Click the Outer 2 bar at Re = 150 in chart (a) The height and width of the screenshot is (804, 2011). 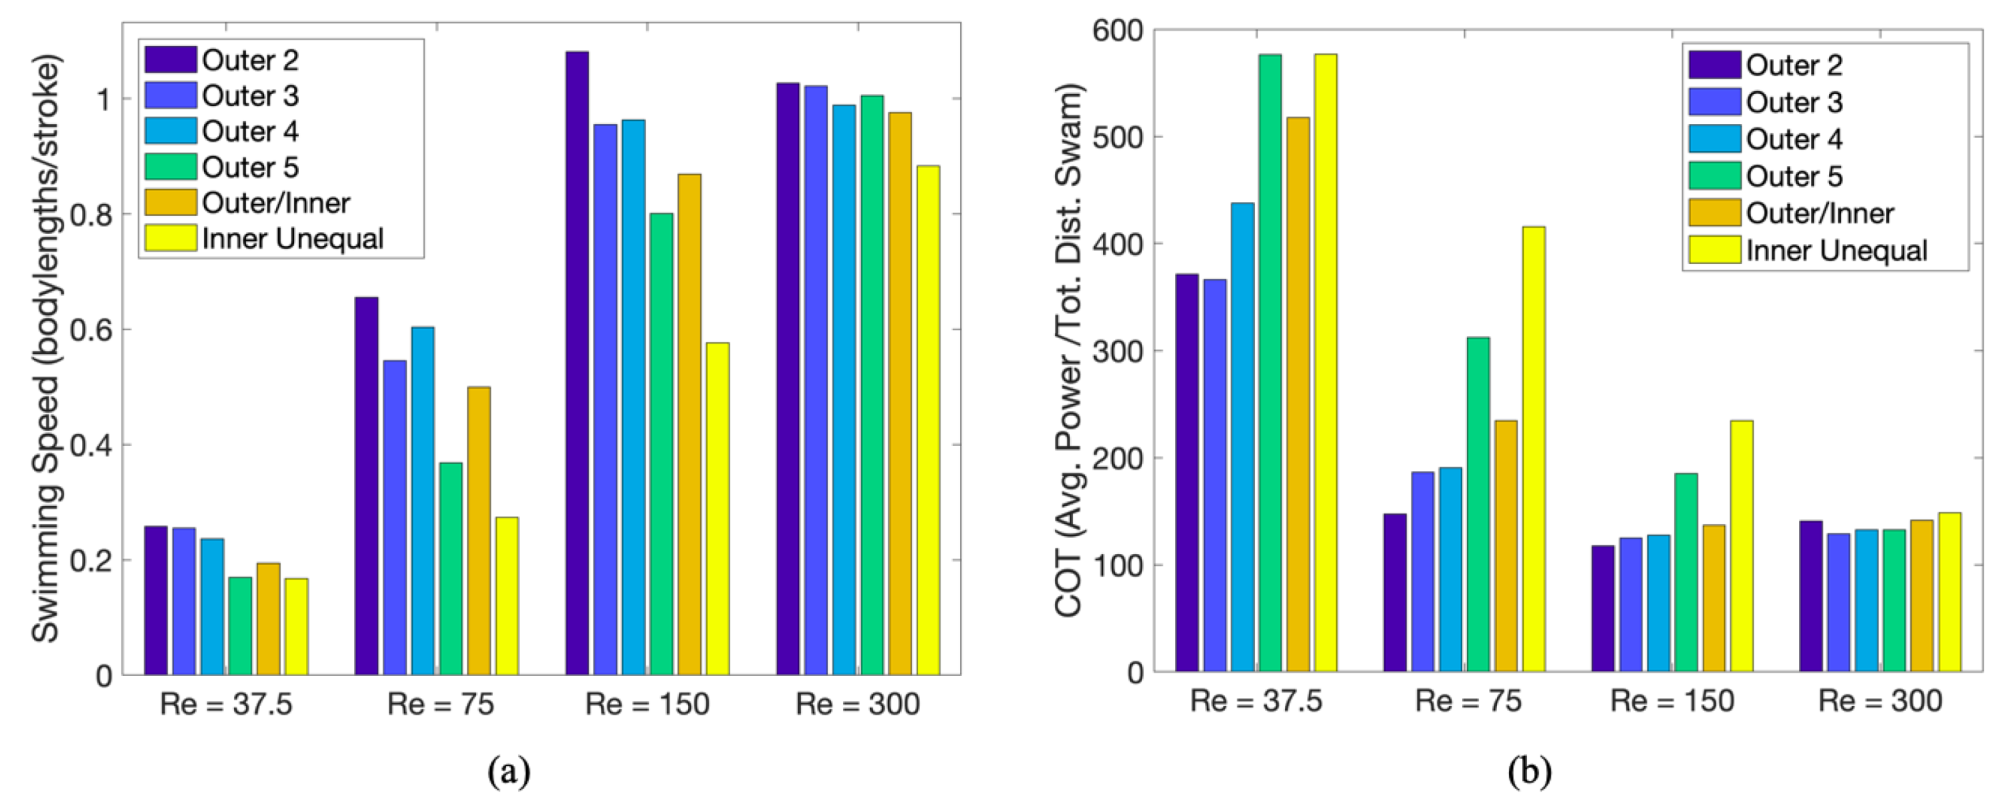click(x=577, y=363)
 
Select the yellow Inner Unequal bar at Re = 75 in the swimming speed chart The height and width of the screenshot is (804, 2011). click(x=507, y=595)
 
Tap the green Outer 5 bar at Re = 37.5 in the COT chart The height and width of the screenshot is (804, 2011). click(x=1270, y=363)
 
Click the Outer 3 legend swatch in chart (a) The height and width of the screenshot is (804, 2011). click(x=170, y=96)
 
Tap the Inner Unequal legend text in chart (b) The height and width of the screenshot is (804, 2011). click(x=1836, y=251)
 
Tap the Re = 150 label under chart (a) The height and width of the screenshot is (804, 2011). click(x=647, y=704)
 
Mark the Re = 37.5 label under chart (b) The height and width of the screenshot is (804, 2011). click(x=1256, y=701)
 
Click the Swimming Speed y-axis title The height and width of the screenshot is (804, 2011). click(x=46, y=347)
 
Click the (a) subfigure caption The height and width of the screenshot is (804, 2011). click(x=509, y=772)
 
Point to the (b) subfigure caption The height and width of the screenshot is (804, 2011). click(x=1528, y=772)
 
